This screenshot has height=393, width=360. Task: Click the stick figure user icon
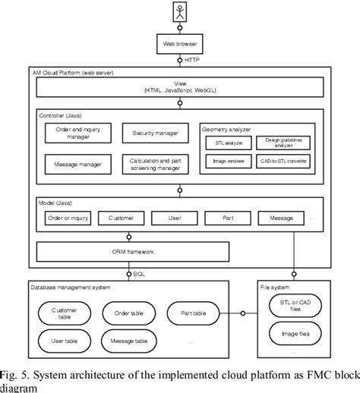tap(179, 13)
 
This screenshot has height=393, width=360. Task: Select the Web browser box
tap(179, 45)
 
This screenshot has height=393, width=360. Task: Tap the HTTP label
tap(193, 61)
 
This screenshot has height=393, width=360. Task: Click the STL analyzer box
tap(224, 140)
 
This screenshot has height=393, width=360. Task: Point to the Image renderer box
tap(224, 162)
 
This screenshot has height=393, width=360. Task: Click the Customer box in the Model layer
tap(120, 219)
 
